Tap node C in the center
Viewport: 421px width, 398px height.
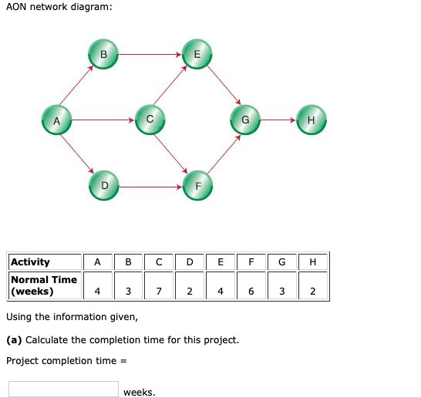(150, 120)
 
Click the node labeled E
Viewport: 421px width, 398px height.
(197, 55)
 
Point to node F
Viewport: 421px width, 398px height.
(197, 185)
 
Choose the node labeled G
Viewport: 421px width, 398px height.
(245, 120)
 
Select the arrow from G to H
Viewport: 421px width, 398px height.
(278, 120)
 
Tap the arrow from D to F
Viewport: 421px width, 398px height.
(150, 185)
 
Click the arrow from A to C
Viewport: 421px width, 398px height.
(103, 120)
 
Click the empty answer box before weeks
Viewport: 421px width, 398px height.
(63, 390)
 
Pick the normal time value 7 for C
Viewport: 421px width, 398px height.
(158, 292)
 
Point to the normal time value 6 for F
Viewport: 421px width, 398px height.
(251, 292)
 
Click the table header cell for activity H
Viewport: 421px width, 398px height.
(312, 262)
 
